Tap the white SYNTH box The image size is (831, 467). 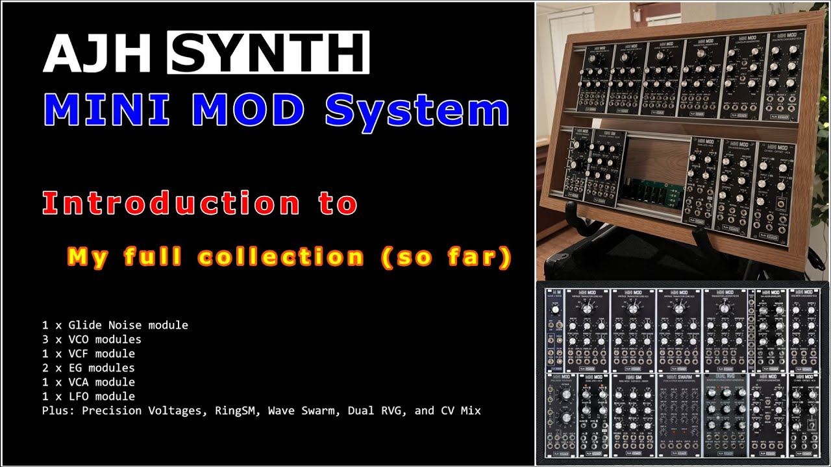(268, 52)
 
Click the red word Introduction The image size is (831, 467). (170, 203)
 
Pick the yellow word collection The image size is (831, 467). (280, 257)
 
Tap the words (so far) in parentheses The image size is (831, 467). (446, 257)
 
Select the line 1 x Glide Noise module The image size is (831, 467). (115, 325)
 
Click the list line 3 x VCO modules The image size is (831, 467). (92, 339)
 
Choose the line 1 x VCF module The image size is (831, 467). (88, 353)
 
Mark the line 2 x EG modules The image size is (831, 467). (88, 368)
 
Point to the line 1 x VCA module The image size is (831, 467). (88, 382)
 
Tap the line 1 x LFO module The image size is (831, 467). (88, 396)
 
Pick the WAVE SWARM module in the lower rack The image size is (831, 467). (681, 415)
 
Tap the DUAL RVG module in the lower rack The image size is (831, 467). (726, 415)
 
